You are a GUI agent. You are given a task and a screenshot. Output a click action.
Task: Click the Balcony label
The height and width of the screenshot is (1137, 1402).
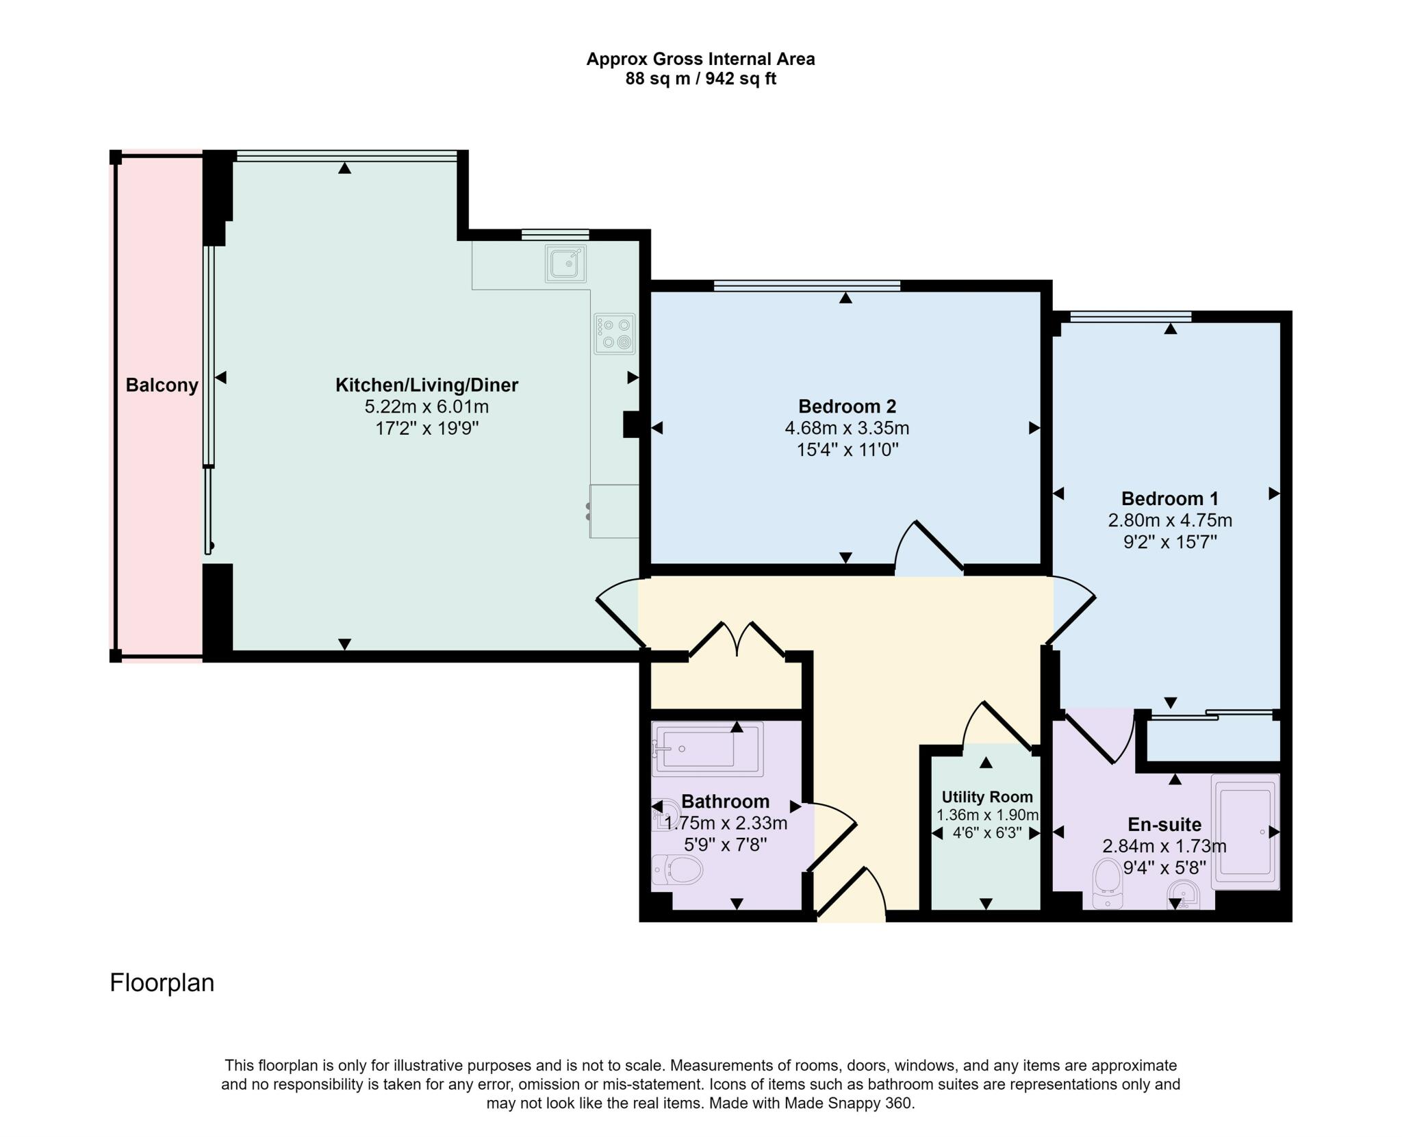tap(162, 385)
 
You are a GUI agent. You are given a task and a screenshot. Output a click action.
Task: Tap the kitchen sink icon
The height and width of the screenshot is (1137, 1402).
tap(565, 263)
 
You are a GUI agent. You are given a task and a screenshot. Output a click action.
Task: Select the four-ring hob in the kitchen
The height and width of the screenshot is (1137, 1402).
tap(614, 333)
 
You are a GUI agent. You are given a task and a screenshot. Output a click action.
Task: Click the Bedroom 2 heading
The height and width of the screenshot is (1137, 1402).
tap(847, 407)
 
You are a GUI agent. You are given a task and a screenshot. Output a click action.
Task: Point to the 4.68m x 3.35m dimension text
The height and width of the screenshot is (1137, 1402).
tap(847, 429)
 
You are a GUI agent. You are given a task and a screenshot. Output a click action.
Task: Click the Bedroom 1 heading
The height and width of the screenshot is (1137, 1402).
tap(1169, 498)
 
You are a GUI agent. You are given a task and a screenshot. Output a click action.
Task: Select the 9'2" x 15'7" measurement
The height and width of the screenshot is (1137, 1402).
tap(1169, 542)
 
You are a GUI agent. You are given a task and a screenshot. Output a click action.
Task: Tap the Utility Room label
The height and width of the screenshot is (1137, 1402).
tap(986, 797)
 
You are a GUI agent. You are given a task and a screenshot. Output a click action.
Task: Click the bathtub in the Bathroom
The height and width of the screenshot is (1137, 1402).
tap(707, 749)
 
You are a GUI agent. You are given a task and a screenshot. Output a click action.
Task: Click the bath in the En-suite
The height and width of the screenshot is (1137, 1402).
tap(1245, 831)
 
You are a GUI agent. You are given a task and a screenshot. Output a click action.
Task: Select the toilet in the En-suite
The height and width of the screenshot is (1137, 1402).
tap(1108, 883)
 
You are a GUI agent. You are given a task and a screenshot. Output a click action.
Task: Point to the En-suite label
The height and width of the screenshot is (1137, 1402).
tap(1164, 824)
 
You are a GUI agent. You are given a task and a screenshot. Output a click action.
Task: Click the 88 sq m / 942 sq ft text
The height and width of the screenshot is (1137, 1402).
tap(700, 79)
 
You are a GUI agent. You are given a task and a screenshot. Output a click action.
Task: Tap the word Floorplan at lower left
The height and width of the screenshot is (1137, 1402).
tap(162, 983)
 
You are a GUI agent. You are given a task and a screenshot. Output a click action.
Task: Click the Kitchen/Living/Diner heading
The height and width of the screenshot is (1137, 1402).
tap(426, 385)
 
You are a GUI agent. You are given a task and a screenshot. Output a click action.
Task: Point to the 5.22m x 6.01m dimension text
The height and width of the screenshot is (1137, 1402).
tap(426, 407)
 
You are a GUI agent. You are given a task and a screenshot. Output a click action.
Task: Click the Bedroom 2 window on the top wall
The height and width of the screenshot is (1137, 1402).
tap(806, 285)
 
